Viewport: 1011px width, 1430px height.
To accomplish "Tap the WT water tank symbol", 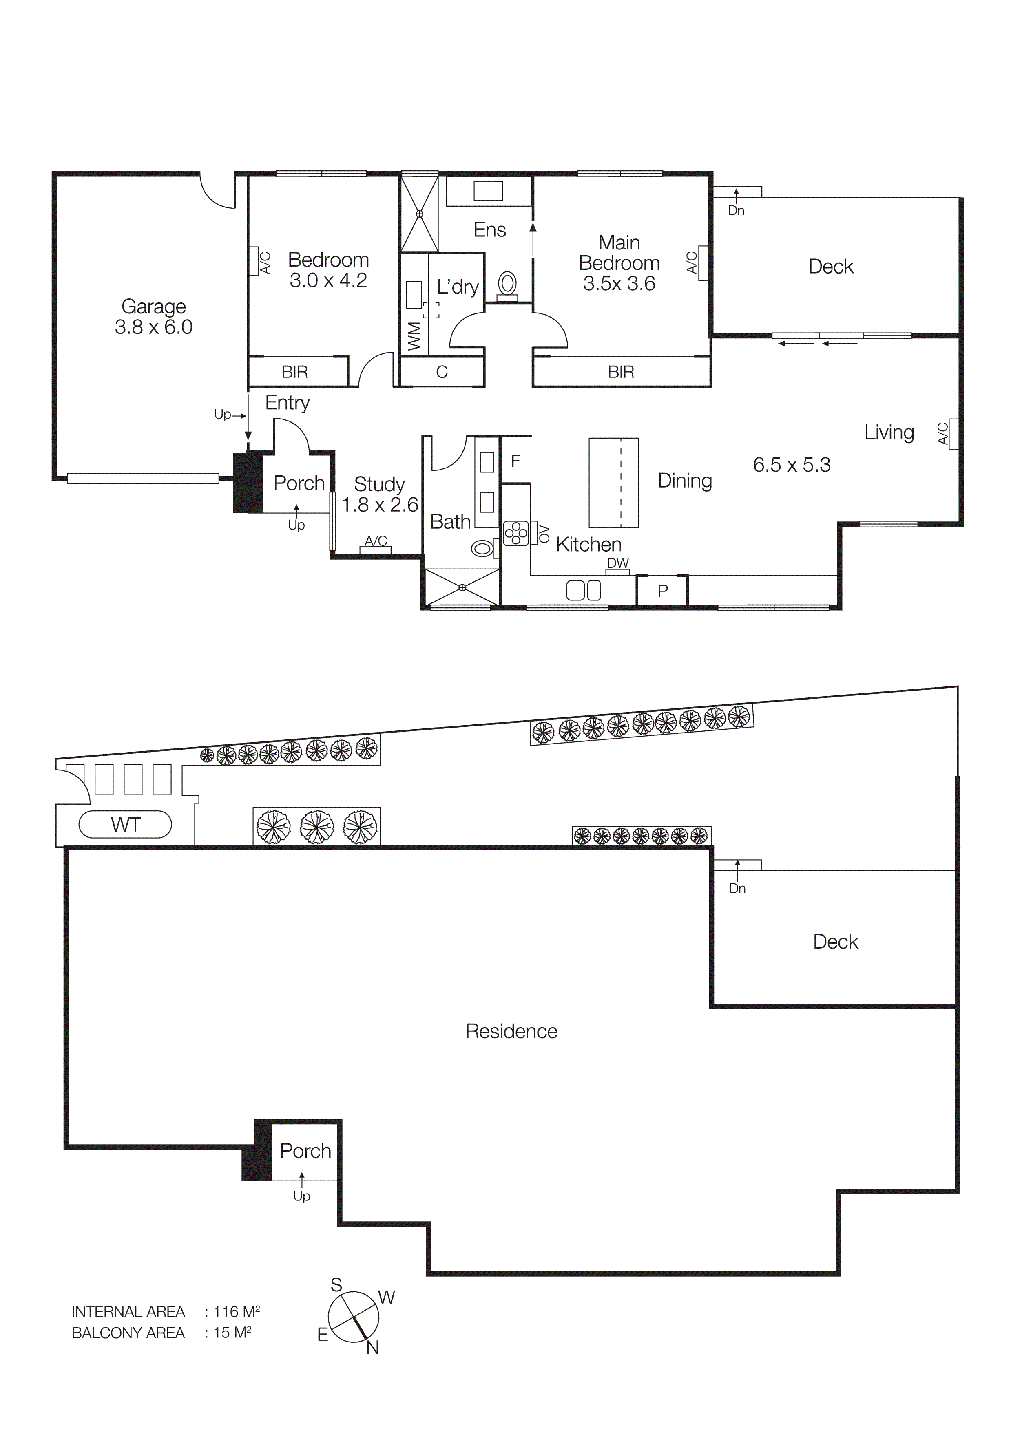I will point(125,825).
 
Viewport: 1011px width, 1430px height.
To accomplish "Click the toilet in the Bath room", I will point(482,548).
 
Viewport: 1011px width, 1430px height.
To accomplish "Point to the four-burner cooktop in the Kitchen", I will point(516,534).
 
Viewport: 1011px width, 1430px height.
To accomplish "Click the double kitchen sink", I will point(584,590).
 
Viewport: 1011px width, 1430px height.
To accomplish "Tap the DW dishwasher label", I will point(618,563).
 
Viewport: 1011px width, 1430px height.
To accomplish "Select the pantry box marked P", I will point(662,590).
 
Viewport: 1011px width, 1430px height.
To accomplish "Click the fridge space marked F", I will point(515,461).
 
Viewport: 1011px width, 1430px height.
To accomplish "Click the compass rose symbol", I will point(353,1317).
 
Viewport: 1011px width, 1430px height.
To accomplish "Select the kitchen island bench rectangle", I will point(614,482).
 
